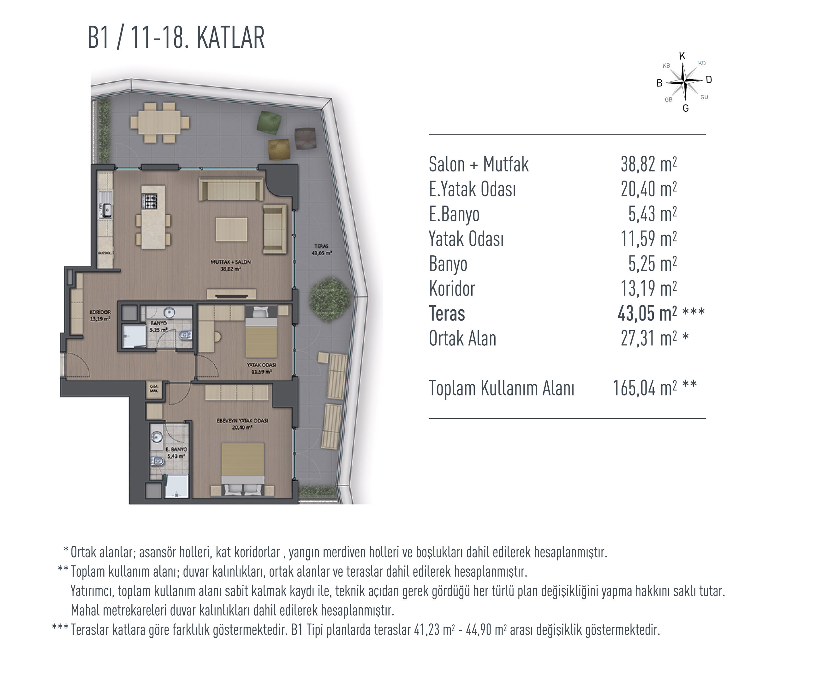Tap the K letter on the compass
(682, 56)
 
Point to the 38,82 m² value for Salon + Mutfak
(649, 164)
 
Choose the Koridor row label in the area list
(452, 289)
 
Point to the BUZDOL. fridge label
(105, 253)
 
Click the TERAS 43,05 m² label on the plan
(321, 249)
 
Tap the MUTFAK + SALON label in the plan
(230, 265)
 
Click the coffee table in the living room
(231, 230)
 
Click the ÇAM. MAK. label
(154, 389)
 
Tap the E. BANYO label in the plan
(176, 452)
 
